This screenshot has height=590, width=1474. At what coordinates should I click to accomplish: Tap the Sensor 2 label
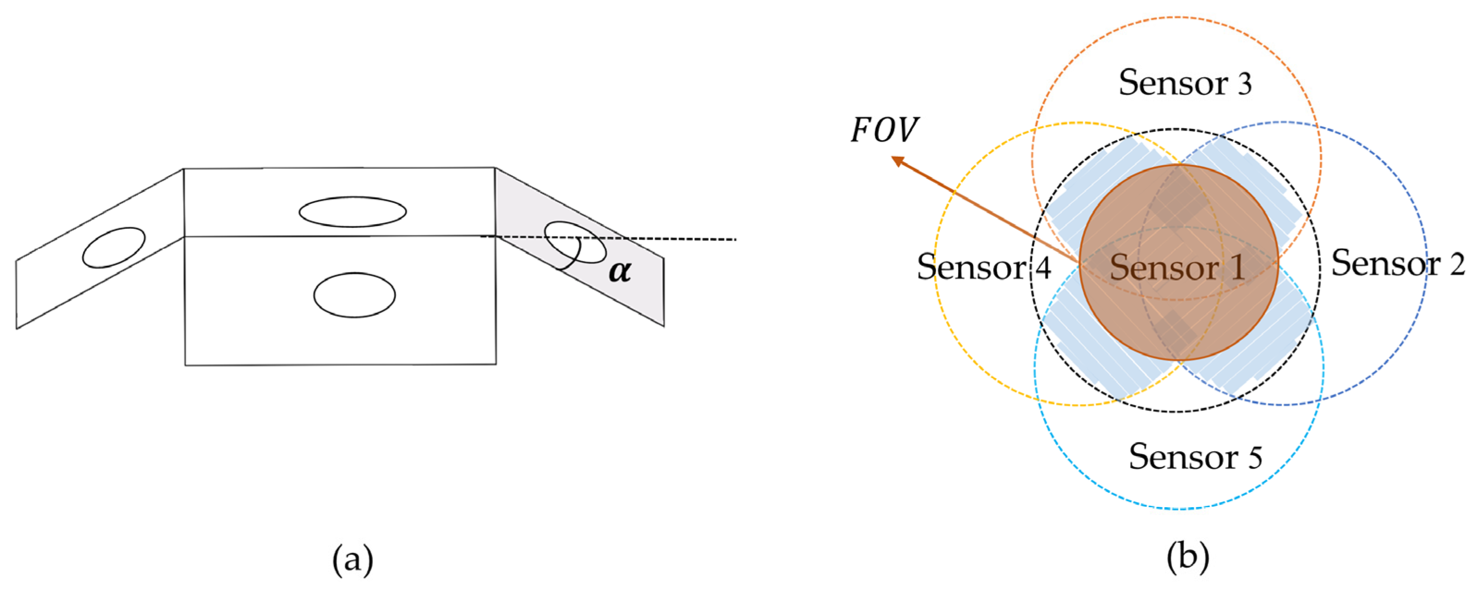coord(1398,263)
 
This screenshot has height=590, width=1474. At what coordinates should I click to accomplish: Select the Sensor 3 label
coord(1185,82)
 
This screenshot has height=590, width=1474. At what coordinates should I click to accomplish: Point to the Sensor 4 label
coord(984,267)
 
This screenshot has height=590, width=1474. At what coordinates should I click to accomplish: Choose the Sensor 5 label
coord(1195,457)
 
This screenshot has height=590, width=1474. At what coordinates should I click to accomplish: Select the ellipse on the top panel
coord(353,212)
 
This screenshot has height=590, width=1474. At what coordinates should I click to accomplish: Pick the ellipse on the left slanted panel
coord(113,247)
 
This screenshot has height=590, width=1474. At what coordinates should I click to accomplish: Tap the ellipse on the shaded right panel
coord(575,242)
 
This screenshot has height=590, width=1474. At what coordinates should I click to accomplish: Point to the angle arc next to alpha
coord(574,260)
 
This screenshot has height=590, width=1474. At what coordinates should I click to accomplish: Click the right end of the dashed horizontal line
coord(735,239)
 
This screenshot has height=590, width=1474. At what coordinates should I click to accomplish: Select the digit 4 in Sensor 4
coord(1043,268)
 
